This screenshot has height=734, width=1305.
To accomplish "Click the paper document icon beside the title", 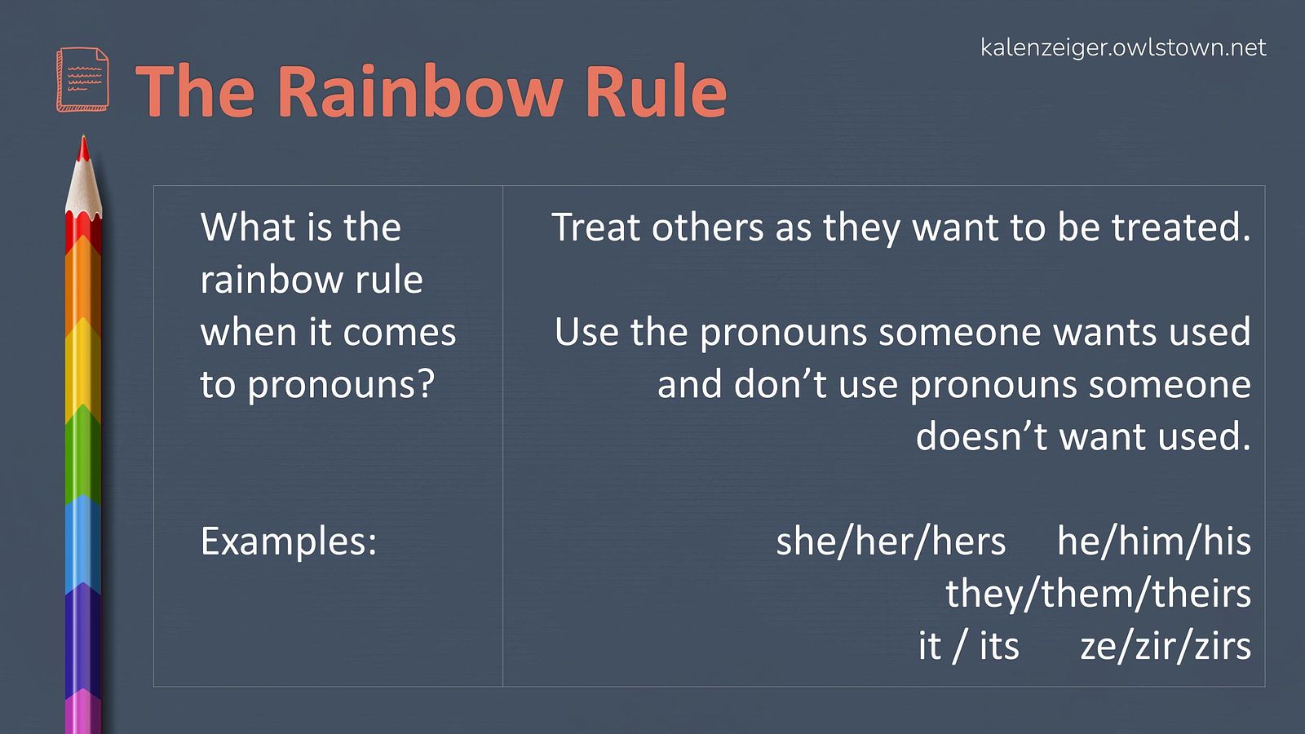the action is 82,79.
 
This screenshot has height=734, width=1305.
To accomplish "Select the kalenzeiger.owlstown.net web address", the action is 1123,48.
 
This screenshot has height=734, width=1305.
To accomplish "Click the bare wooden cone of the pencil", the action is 83,188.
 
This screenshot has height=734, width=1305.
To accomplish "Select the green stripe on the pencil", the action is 82,454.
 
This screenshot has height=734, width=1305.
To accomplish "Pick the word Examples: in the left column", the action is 289,542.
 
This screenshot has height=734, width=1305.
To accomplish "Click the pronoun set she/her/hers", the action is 891,542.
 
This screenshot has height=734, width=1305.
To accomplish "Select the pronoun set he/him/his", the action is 1154,542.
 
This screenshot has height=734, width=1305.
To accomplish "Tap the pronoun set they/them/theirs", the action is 1098,595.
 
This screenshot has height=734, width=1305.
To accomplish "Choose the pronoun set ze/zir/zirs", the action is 1166,646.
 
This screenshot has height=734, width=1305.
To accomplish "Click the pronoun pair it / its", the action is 969,646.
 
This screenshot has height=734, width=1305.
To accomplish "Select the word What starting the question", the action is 244,227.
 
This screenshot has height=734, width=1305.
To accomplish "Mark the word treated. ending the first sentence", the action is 1182,227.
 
